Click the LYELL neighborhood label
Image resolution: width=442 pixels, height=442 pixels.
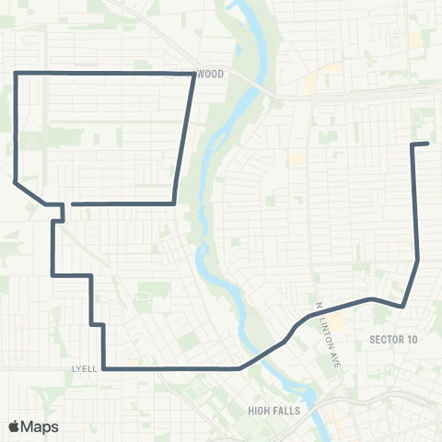83,368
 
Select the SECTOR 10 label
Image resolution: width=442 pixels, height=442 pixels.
393,340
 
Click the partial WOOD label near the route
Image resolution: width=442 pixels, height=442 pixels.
210,73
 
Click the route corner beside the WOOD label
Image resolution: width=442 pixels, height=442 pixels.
192,73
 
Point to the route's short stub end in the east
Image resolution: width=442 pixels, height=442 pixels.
428,144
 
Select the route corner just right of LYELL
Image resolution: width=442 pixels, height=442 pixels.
103,368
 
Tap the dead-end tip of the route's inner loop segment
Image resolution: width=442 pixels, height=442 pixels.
72,204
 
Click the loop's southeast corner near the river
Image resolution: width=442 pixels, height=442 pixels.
174,203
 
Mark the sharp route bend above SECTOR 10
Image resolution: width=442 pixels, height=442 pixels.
402,306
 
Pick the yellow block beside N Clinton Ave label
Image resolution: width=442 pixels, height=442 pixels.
337,322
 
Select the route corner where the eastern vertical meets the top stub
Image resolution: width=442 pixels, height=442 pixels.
412,145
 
